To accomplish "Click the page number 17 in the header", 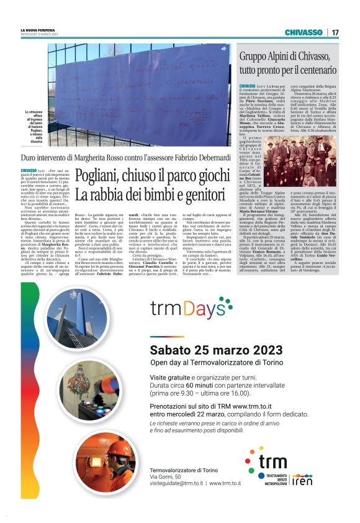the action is click(335, 32).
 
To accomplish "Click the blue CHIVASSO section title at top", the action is click(304, 32).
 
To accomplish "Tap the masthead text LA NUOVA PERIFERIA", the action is click(36, 30).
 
